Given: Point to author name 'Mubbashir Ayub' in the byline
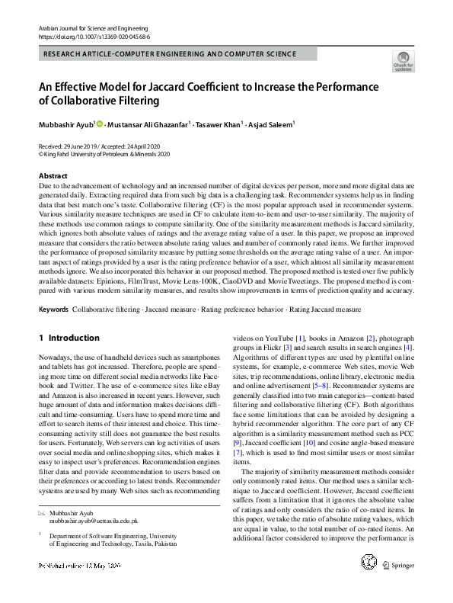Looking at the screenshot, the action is pyautogui.click(x=67, y=124).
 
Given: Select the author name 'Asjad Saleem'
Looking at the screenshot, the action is pyautogui.click(x=273, y=124).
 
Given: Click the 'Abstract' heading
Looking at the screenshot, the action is pyautogui.click(x=53, y=176).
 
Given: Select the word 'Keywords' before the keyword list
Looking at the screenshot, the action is pyautogui.click(x=53, y=311).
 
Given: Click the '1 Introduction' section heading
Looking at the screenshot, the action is pyautogui.click(x=69, y=338).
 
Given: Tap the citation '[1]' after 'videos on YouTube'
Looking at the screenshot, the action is pyautogui.click(x=301, y=337).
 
